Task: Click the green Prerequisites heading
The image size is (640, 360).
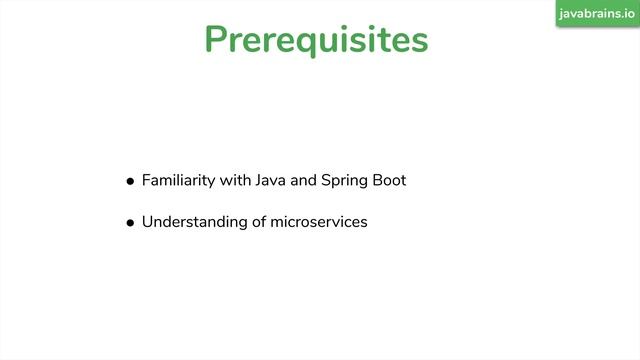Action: [316, 40]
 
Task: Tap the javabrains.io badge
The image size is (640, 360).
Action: [598, 13]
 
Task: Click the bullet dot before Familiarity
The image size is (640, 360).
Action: [130, 182]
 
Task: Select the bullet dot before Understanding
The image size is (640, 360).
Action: [130, 223]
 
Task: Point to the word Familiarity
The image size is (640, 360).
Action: [176, 181]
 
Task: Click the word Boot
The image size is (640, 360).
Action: [388, 181]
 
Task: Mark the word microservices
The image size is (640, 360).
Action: [319, 222]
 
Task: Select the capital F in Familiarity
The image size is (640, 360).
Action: [146, 181]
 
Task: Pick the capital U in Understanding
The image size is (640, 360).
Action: [147, 222]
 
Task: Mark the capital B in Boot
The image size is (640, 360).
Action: [375, 181]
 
